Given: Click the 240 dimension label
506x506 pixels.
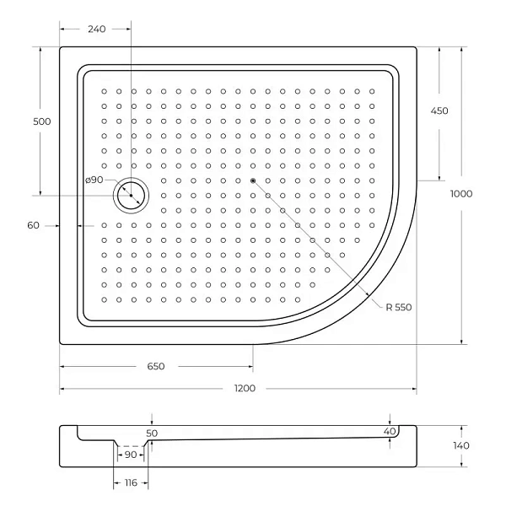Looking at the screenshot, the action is point(97,29).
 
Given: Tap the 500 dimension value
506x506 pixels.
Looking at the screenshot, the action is point(42,121).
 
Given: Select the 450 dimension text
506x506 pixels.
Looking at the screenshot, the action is point(439,110).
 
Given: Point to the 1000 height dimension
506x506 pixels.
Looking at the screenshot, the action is point(461,194).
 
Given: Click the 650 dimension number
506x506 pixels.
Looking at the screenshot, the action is point(156,366).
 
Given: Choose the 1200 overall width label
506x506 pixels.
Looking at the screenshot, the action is point(245,388).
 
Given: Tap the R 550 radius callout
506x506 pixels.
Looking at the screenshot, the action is point(399,307).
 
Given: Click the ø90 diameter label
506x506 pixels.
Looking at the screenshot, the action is point(94,180).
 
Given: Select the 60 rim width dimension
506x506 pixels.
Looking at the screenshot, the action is point(33,225).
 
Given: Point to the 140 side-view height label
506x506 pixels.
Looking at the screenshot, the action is point(460,445).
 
